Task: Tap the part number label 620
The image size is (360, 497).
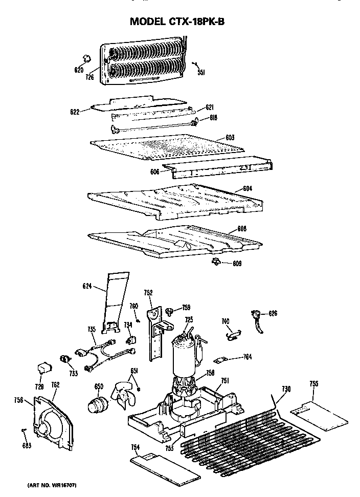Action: [x=78, y=70]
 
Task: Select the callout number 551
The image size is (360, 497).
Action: [x=201, y=73]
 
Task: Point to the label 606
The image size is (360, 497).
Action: [x=154, y=172]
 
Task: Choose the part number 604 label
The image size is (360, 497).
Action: [x=247, y=189]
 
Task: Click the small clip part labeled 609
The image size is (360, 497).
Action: [x=215, y=262]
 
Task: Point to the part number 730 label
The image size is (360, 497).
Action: [x=286, y=390]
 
